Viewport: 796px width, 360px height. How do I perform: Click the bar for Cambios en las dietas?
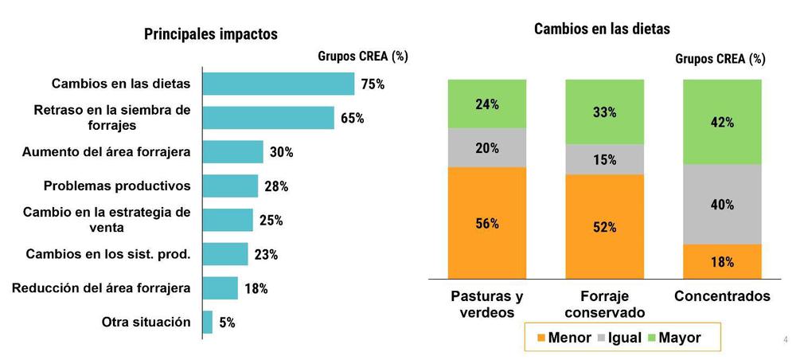tap(279, 84)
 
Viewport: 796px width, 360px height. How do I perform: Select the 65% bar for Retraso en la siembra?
tap(268, 118)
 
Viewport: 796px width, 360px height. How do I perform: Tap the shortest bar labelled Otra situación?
tap(208, 323)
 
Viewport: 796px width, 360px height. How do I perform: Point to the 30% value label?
tap(281, 152)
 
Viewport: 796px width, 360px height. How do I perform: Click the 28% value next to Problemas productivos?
tap(276, 186)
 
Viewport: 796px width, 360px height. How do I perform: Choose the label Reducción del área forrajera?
tap(101, 288)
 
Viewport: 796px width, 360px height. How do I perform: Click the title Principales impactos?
tap(210, 34)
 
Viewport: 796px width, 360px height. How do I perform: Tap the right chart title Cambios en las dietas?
tap(602, 29)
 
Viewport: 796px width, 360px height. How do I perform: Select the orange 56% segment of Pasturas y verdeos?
tap(487, 223)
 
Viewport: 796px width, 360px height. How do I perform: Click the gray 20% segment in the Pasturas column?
tap(487, 148)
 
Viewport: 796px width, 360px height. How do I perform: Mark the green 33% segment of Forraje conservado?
tap(604, 112)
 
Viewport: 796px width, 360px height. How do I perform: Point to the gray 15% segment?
tap(604, 159)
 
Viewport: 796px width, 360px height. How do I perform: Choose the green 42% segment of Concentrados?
tap(722, 122)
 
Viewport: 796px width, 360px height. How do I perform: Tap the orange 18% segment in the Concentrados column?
tap(722, 262)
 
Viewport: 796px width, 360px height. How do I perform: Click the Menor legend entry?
tap(562, 338)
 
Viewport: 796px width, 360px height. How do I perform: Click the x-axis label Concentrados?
tap(722, 296)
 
